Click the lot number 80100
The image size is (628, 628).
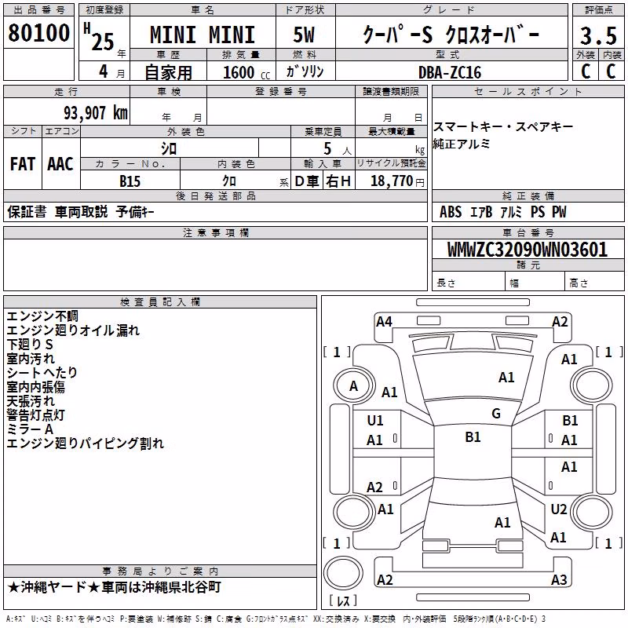38,33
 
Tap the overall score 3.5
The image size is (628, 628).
598,36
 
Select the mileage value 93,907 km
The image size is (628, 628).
96,113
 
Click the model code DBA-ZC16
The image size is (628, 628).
449,72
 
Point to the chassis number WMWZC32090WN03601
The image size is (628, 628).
527,250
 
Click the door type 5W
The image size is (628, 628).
304,35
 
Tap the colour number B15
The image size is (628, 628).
130,181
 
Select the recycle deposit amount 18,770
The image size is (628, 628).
391,181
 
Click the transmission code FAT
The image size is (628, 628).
23,164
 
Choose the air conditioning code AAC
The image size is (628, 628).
60,164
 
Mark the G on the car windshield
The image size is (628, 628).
496,413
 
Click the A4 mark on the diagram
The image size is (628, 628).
384,322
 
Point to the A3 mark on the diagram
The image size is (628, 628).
559,579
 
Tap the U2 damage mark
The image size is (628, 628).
559,509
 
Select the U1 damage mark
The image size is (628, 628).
375,421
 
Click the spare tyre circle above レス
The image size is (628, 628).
343,572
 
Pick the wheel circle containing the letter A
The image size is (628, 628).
354,386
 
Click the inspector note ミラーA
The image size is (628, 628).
30,429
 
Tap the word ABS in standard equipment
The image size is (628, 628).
451,212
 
